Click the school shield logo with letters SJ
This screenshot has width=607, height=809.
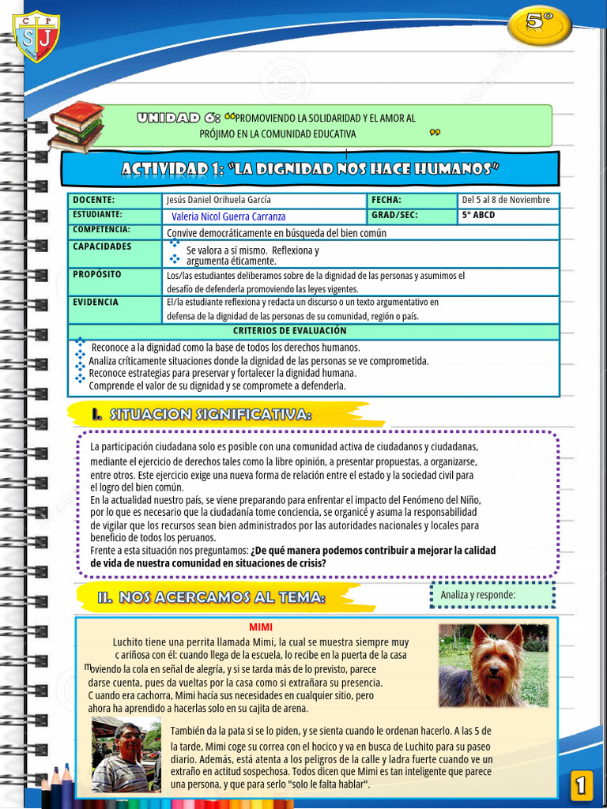[x=36, y=35]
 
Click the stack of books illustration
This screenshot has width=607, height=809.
[x=76, y=126]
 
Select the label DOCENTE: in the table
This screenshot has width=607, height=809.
[x=94, y=201]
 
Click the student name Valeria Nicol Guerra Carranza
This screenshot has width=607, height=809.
[x=228, y=216]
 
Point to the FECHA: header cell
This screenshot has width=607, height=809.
[x=386, y=201]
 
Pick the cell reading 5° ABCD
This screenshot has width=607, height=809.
[x=479, y=215]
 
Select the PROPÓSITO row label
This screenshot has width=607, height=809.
[x=97, y=275]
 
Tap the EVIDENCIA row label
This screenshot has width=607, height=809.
[x=96, y=303]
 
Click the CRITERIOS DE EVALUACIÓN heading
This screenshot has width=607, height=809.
[x=289, y=331]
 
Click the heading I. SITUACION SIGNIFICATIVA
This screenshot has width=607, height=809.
[x=201, y=415]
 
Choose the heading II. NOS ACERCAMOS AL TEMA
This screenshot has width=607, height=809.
[x=211, y=598]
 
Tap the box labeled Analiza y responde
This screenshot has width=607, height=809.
[x=492, y=595]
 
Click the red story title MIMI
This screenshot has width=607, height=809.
[x=261, y=627]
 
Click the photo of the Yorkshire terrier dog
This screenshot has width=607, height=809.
[x=493, y=665]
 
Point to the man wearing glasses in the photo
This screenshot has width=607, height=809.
[x=126, y=754]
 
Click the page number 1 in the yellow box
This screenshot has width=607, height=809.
[x=581, y=785]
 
